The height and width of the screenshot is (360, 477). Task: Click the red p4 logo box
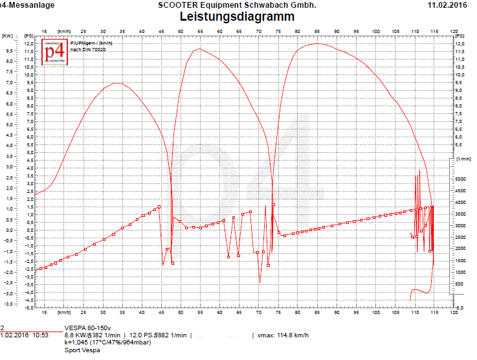point(54,52)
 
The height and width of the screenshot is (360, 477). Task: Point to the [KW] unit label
point(7,36)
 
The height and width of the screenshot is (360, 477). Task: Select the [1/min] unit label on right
point(463,159)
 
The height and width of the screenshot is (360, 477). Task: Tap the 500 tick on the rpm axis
point(460,284)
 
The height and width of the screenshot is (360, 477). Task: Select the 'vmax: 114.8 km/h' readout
point(285,335)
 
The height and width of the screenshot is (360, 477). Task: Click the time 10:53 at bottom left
point(41,335)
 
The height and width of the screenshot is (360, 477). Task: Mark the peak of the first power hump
point(115,83)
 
